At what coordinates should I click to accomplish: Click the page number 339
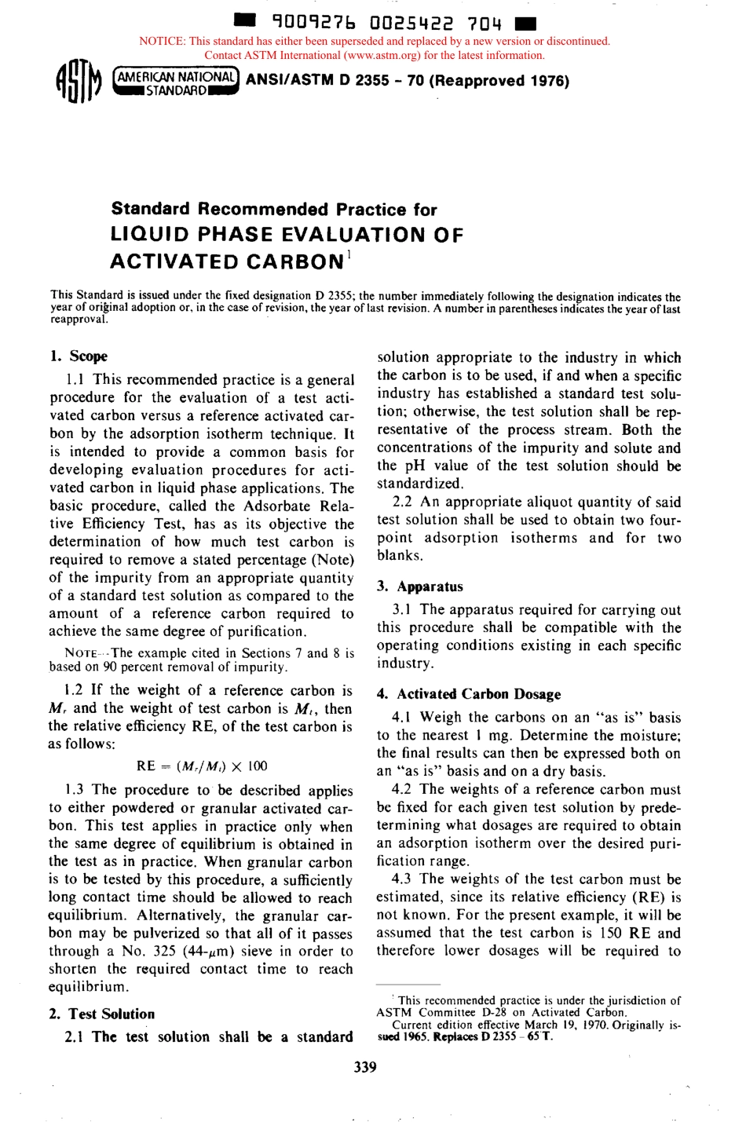[x=365, y=1066]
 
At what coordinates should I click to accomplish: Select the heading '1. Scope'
[x=79, y=356]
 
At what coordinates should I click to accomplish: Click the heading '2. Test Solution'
[x=102, y=1014]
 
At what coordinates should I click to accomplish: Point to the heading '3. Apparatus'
[x=420, y=587]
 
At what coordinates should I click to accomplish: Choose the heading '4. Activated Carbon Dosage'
[x=469, y=694]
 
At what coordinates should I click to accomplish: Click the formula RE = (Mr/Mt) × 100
[x=202, y=766]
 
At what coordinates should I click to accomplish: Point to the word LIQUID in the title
[x=149, y=235]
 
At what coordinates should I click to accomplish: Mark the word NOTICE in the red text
[x=162, y=41]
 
